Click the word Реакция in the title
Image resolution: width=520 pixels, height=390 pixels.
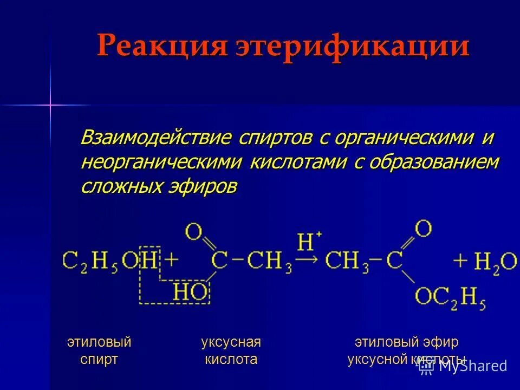click(x=161, y=47)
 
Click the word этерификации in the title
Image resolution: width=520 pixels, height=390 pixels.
click(x=353, y=47)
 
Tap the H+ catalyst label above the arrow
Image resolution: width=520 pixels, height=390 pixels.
click(x=309, y=240)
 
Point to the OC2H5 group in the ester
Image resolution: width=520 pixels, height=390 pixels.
click(x=450, y=297)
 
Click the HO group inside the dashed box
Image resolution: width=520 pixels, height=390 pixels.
click(x=191, y=292)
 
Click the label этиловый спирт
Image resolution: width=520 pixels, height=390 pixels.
click(x=99, y=350)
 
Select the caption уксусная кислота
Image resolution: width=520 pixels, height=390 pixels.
click(x=231, y=350)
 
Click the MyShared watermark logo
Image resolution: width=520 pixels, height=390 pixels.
click(x=464, y=366)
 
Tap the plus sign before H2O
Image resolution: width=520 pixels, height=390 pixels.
click(x=461, y=261)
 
